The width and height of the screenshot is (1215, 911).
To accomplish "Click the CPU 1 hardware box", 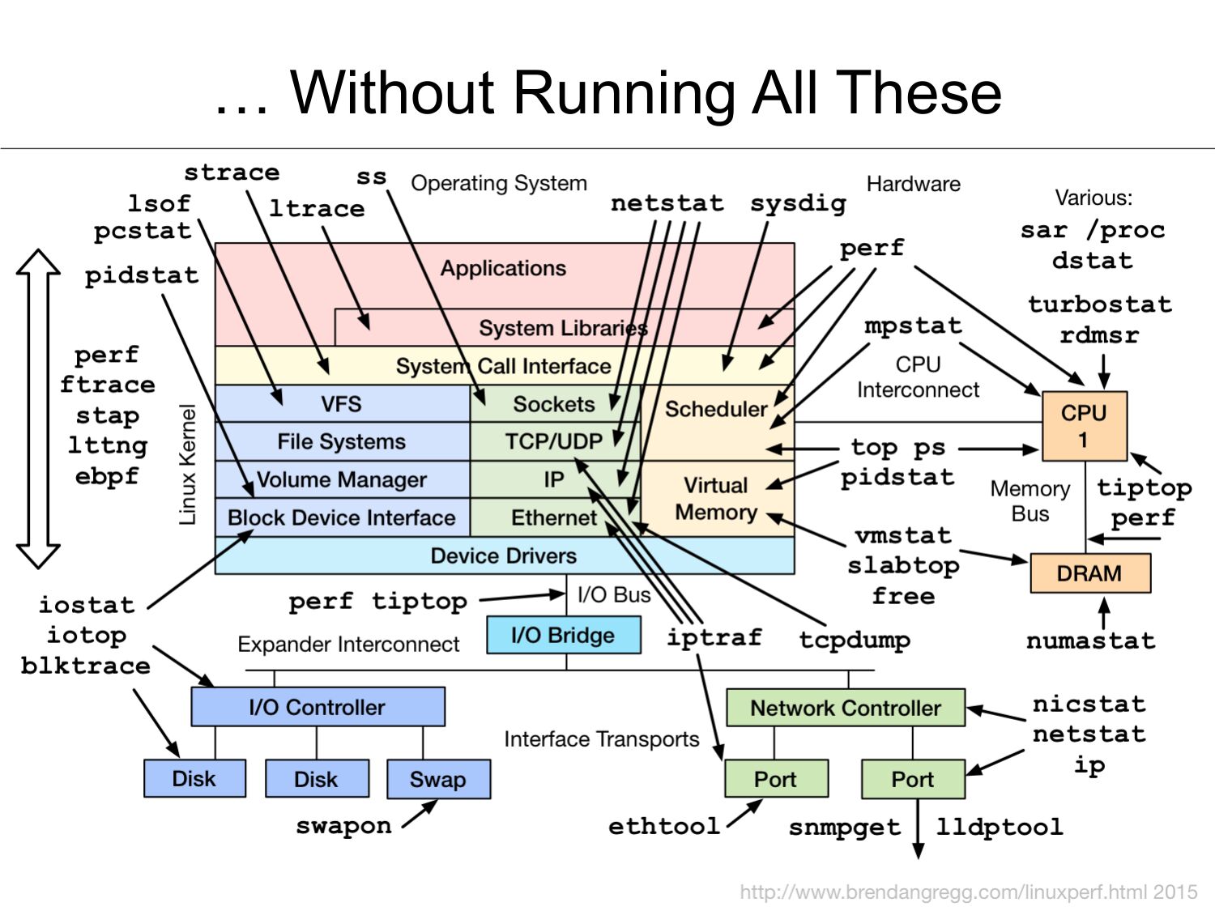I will tap(1084, 426).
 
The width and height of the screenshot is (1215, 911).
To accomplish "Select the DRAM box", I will tap(1089, 573).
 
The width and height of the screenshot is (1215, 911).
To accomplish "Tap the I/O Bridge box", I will tap(563, 635).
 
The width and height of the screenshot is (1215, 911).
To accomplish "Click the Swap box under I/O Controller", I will tap(438, 779).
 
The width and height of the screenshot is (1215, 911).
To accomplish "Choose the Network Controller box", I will tap(846, 708).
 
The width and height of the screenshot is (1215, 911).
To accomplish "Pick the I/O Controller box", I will tap(318, 707).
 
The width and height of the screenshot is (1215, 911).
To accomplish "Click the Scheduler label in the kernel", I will tap(716, 409).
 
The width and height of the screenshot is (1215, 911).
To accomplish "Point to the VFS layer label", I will tap(341, 403).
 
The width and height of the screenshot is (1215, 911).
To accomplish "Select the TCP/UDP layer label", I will tap(554, 441).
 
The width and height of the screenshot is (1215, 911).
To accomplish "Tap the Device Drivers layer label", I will tap(504, 556).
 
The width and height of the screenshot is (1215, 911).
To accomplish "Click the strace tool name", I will tap(232, 172).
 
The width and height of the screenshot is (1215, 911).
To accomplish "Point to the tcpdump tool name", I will tap(855, 640).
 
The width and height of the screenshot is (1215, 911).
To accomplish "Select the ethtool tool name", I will tap(664, 826).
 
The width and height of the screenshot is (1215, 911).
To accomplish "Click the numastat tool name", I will tap(1090, 641).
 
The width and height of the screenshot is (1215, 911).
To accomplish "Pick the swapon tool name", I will tap(343, 826).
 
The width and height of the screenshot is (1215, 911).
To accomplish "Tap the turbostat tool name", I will tap(1100, 304).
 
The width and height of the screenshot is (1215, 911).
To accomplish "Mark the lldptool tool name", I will tap(1000, 827).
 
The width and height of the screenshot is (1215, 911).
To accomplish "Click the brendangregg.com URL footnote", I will tap(968, 892).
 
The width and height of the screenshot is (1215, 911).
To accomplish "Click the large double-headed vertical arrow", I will tap(38, 408).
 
